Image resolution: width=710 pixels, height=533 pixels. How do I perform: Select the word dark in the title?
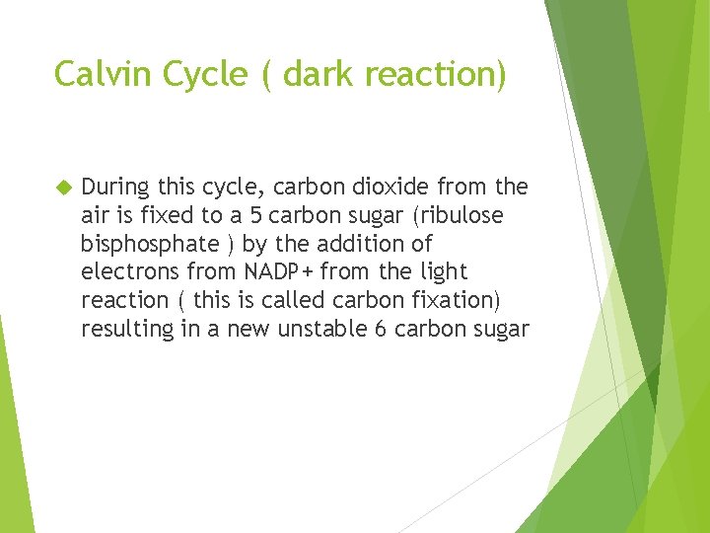(x=318, y=74)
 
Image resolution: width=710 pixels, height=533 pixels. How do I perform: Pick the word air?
(x=95, y=215)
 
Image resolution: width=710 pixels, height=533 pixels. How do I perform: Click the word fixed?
(x=163, y=215)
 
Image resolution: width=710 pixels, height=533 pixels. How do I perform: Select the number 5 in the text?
(x=254, y=215)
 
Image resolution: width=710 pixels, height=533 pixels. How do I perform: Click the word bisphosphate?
(x=148, y=244)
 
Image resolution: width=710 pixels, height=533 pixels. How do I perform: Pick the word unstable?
(x=321, y=329)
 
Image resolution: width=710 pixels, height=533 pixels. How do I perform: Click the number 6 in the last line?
(x=381, y=329)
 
